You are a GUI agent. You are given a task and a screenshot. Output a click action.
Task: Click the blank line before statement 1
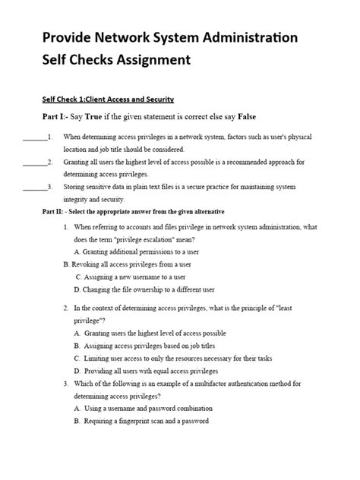coord(34,137)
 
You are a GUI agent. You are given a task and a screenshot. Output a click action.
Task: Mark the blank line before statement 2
coord(34,163)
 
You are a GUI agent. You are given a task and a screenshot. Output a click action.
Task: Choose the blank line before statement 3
coord(34,188)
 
